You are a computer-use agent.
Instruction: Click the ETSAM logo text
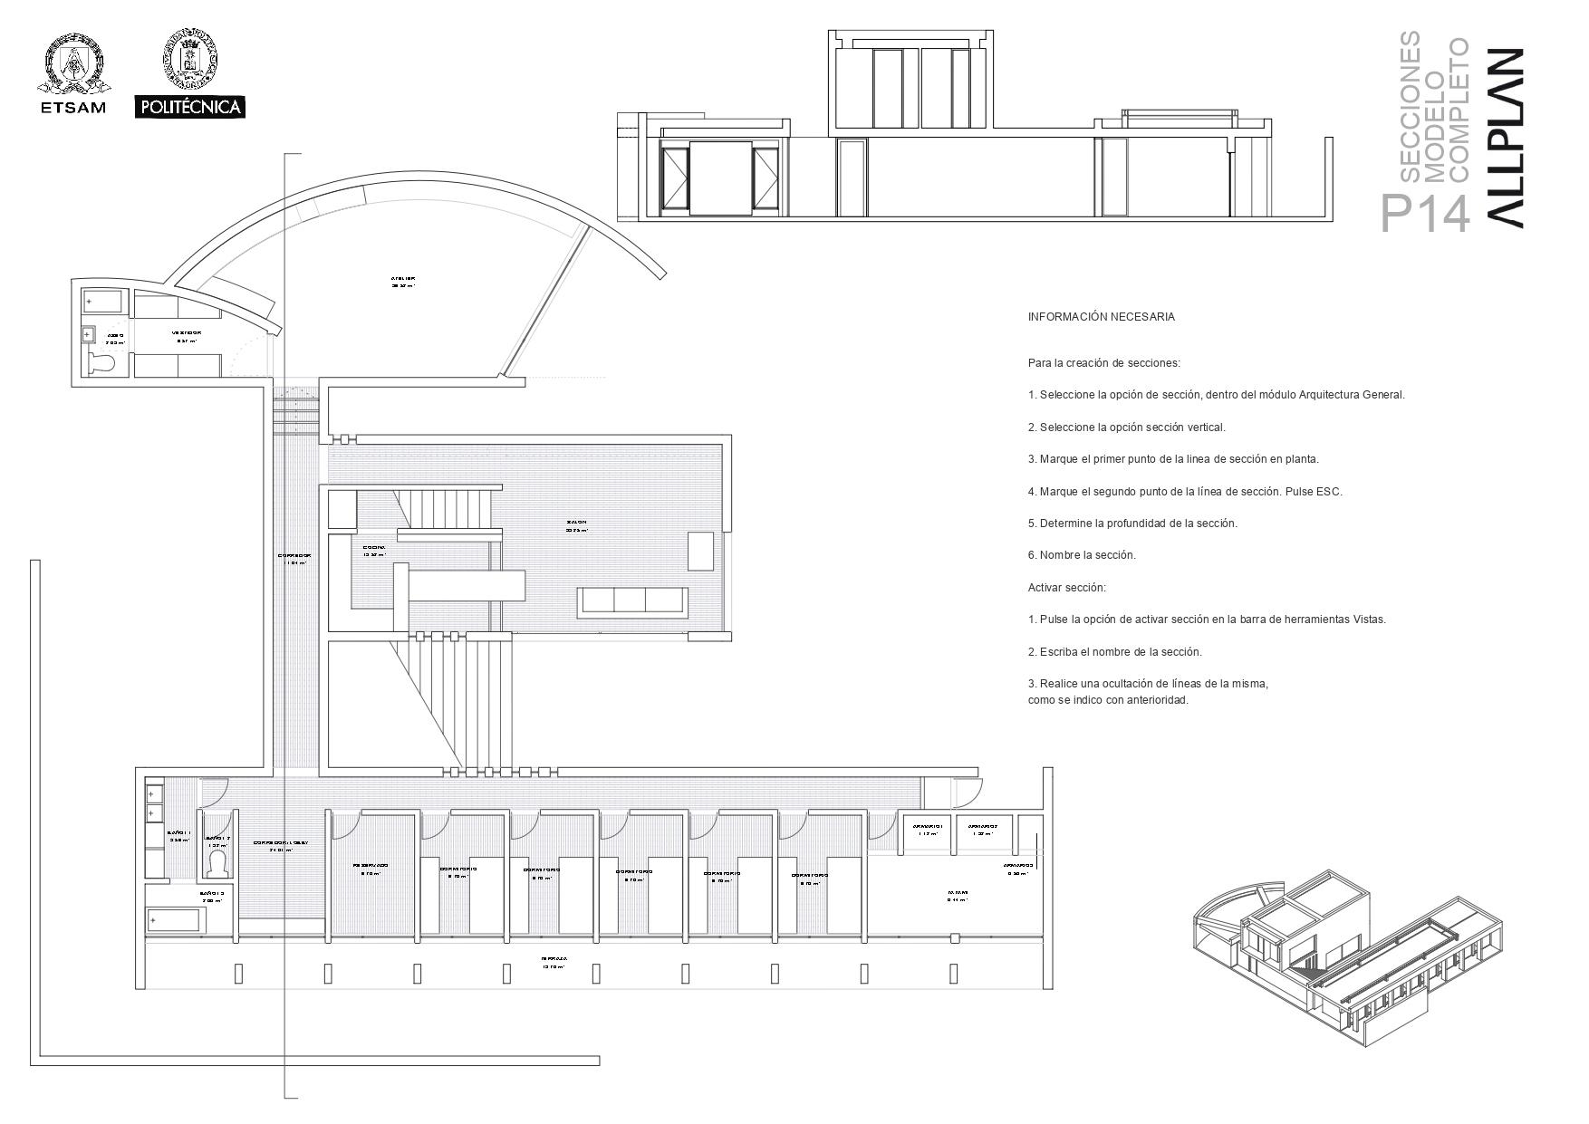pyautogui.click(x=72, y=108)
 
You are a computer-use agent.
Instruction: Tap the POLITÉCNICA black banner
pyautogui.click(x=190, y=107)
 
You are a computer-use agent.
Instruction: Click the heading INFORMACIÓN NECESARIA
pyautogui.click(x=1101, y=317)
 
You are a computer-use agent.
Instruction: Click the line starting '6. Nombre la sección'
pyautogui.click(x=1082, y=555)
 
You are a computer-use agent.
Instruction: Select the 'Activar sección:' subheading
pyautogui.click(x=1066, y=588)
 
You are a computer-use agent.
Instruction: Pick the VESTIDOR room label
pyautogui.click(x=188, y=333)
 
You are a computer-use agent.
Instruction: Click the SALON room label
pyautogui.click(x=577, y=523)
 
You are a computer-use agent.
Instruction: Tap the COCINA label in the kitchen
pyautogui.click(x=374, y=548)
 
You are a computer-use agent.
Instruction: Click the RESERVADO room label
pyautogui.click(x=371, y=866)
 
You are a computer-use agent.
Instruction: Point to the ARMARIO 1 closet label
pyautogui.click(x=928, y=826)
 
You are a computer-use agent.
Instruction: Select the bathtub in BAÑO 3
pyautogui.click(x=176, y=921)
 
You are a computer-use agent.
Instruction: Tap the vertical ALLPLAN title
pyautogui.click(x=1504, y=136)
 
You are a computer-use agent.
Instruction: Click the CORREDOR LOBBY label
pyautogui.click(x=281, y=842)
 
